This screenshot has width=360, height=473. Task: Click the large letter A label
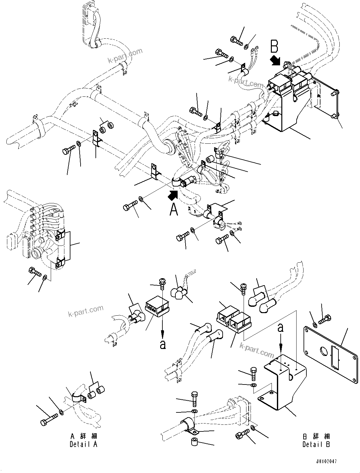tap(174, 209)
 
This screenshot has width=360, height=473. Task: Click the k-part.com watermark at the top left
tap(125, 56)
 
